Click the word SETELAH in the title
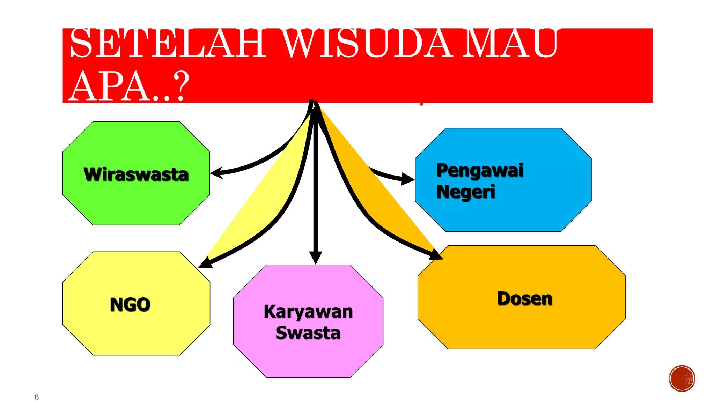click(x=168, y=44)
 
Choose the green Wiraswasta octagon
click(x=136, y=206)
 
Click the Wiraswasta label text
click(x=136, y=174)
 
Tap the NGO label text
click(x=130, y=304)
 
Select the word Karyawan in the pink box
click(x=308, y=311)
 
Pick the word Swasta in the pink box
click(x=308, y=333)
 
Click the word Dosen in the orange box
click(x=525, y=299)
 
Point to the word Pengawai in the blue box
click(x=480, y=170)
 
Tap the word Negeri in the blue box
click(x=466, y=192)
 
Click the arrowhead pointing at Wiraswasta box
click(x=216, y=172)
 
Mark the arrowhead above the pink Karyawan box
click(x=316, y=258)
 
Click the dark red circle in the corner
click(x=682, y=379)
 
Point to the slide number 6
click(x=37, y=397)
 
